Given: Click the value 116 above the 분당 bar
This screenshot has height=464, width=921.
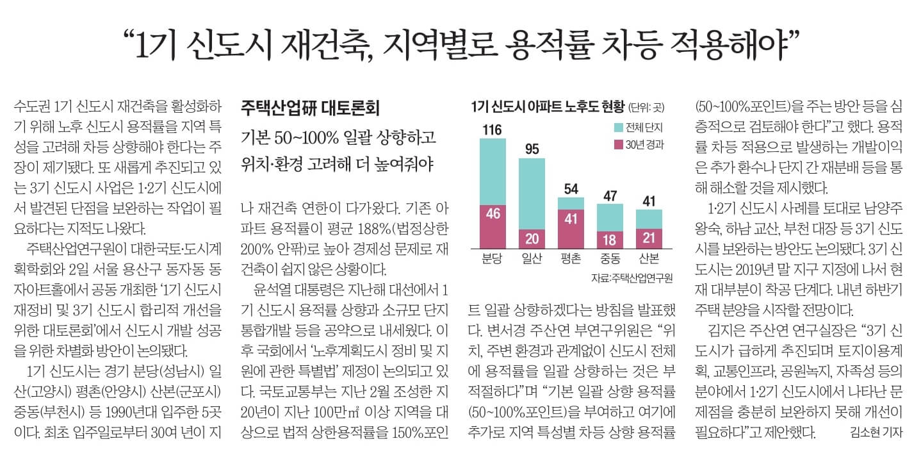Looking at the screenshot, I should (x=492, y=131).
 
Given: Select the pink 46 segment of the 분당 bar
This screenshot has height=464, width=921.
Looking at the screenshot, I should (x=493, y=213).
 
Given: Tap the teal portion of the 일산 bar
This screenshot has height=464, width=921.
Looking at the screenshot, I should (x=532, y=192).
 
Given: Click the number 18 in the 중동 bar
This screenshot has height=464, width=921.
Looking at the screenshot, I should (x=610, y=239).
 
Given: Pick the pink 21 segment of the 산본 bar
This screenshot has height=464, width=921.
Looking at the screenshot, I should (x=649, y=238).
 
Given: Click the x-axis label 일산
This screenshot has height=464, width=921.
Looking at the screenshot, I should (x=532, y=259).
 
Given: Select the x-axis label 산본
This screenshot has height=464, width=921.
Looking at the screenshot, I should (x=649, y=259).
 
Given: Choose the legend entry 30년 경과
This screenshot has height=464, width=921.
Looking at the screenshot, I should (x=641, y=144).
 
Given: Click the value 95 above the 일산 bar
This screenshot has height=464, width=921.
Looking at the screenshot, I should (x=532, y=149).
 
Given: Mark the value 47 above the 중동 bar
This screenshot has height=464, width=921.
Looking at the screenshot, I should (x=610, y=195).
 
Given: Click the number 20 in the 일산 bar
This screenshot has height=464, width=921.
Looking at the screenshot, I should (x=532, y=238).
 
